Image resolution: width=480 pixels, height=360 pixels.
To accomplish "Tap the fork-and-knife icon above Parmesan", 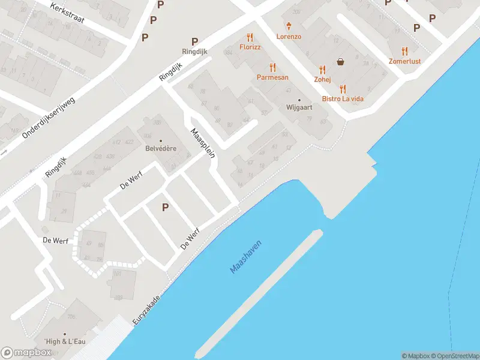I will point(273,68).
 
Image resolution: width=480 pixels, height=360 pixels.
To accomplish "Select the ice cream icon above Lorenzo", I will point(289,26).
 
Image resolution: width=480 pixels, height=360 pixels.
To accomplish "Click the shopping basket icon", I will point(341,61).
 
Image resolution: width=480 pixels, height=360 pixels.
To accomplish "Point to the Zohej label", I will point(322,79).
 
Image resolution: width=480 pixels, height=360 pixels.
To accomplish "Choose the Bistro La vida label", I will point(343,98).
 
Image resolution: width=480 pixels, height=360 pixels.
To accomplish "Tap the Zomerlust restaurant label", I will point(404,61).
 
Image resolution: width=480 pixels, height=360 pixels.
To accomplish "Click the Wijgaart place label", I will point(299,109).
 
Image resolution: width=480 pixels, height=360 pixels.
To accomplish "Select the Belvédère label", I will point(160,149).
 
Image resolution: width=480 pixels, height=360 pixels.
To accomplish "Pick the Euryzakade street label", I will point(147,311).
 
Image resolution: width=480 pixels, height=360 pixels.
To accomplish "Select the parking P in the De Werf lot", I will point(164,208).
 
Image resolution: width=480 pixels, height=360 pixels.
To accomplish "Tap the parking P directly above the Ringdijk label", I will point(194,41).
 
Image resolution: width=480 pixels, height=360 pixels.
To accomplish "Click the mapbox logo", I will point(26,352).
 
